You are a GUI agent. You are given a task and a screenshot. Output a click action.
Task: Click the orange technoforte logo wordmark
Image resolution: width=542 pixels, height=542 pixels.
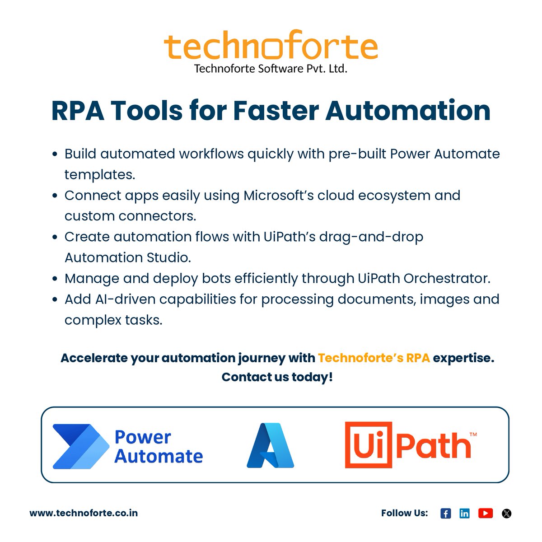tap(271, 46)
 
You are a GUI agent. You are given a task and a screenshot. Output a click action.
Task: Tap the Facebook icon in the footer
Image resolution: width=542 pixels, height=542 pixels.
tap(445, 513)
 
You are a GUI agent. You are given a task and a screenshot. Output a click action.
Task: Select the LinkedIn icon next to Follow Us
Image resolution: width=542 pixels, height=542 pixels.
tap(464, 513)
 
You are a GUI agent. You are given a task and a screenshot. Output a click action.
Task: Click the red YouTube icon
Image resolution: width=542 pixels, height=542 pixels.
tap(486, 513)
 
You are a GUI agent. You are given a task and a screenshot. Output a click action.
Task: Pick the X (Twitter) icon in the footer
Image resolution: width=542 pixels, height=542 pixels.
tap(507, 513)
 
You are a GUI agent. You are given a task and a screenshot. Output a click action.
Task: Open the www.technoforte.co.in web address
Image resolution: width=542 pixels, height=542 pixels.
tap(84, 513)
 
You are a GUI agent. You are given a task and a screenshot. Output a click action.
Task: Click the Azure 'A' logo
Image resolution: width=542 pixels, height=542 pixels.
tap(270, 445)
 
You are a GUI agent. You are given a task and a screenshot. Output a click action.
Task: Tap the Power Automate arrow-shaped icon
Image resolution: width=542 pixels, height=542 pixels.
tap(81, 446)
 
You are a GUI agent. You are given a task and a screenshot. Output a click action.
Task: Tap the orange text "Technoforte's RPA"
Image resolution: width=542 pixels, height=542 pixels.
tap(374, 358)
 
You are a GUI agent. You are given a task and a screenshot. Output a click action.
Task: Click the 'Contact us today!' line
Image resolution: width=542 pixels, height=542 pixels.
tap(277, 377)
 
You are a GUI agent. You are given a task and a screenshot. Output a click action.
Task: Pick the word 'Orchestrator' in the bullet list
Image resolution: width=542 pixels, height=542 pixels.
tap(447, 278)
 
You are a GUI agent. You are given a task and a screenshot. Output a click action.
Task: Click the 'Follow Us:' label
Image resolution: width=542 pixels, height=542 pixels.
tap(404, 513)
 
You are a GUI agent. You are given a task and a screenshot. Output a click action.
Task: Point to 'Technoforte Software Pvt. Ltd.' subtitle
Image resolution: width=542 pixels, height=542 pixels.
tap(271, 69)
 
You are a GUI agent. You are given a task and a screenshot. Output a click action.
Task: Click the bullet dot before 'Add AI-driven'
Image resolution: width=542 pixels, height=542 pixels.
tap(55, 299)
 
